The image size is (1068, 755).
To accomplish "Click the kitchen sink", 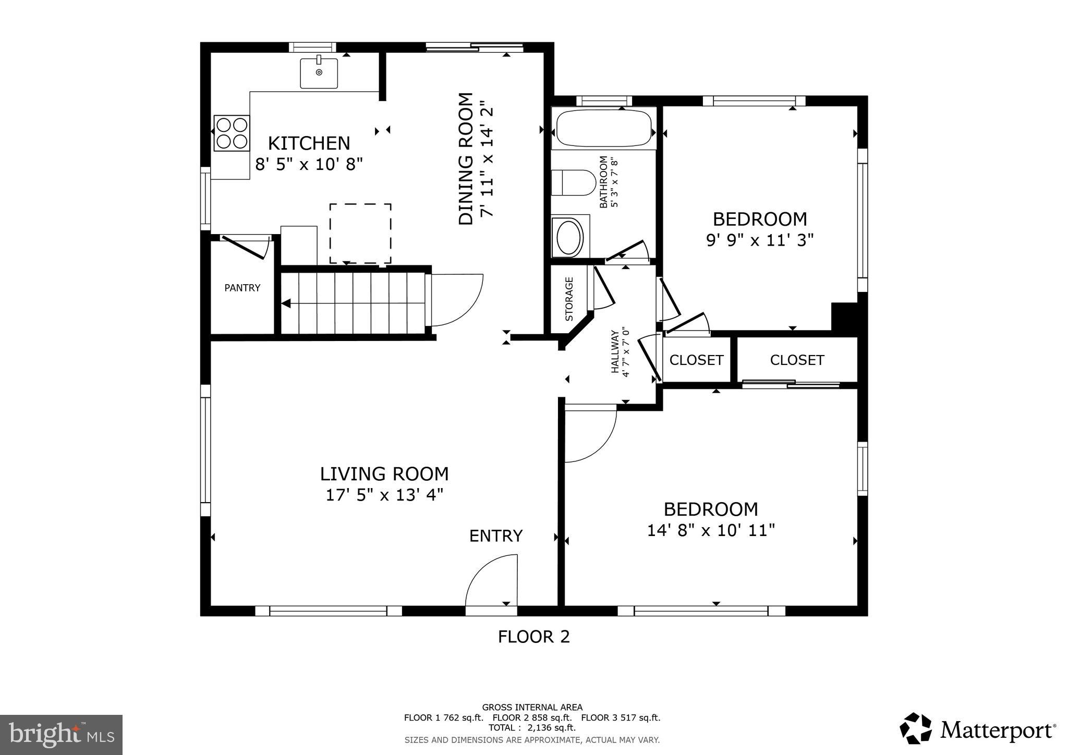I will tap(319, 73).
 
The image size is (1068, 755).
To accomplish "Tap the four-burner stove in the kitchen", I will tap(232, 133).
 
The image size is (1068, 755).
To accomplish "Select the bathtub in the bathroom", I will tap(604, 128).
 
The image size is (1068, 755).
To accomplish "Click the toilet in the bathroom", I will tap(574, 182).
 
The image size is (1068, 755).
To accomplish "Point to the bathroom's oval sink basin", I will tap(570, 237).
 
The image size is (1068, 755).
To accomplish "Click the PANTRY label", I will tap(242, 288).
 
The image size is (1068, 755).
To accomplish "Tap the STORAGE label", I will tap(569, 299).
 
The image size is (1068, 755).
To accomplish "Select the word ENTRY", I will tap(495, 536).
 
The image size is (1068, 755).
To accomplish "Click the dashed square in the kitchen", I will tap(360, 233).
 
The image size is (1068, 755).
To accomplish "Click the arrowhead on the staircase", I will tap(286, 303).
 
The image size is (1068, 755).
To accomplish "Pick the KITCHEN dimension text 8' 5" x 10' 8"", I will tap(309, 165).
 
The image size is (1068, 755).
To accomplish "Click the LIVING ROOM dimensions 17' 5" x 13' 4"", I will tap(384, 495).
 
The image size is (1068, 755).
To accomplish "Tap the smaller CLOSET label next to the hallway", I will tap(696, 360).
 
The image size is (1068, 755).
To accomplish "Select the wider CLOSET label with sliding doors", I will tap(797, 360).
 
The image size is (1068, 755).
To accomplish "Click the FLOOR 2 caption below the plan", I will tap(533, 637).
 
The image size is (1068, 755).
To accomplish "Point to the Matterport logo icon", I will tap(915, 728).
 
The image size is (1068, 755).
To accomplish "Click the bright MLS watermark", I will tap(61, 735).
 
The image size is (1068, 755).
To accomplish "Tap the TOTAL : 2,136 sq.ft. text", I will tap(532, 728).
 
